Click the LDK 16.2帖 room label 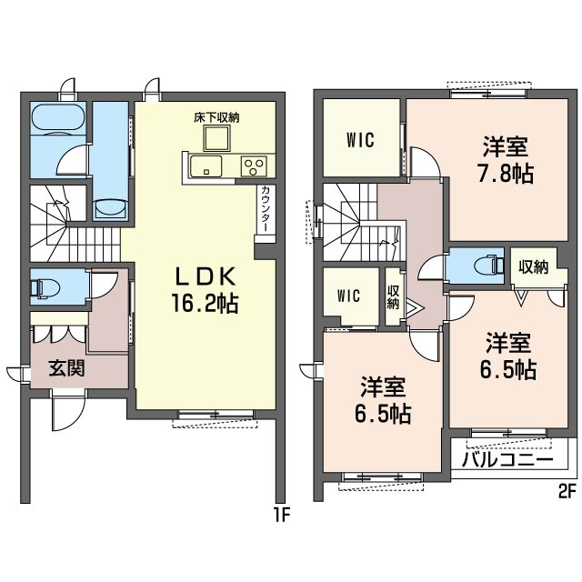click(205, 290)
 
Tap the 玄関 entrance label click(66, 368)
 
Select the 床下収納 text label click(216, 117)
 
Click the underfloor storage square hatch click(216, 138)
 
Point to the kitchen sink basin click(206, 166)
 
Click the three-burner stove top click(254, 166)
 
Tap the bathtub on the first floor click(58, 118)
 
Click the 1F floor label click(281, 515)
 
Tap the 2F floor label click(567, 492)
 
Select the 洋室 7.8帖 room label click(506, 160)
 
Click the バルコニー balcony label click(507, 460)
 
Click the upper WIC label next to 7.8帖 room click(360, 140)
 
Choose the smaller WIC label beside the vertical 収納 click(348, 296)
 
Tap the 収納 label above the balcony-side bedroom click(533, 266)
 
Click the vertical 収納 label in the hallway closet click(393, 297)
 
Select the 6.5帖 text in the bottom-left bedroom click(383, 414)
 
